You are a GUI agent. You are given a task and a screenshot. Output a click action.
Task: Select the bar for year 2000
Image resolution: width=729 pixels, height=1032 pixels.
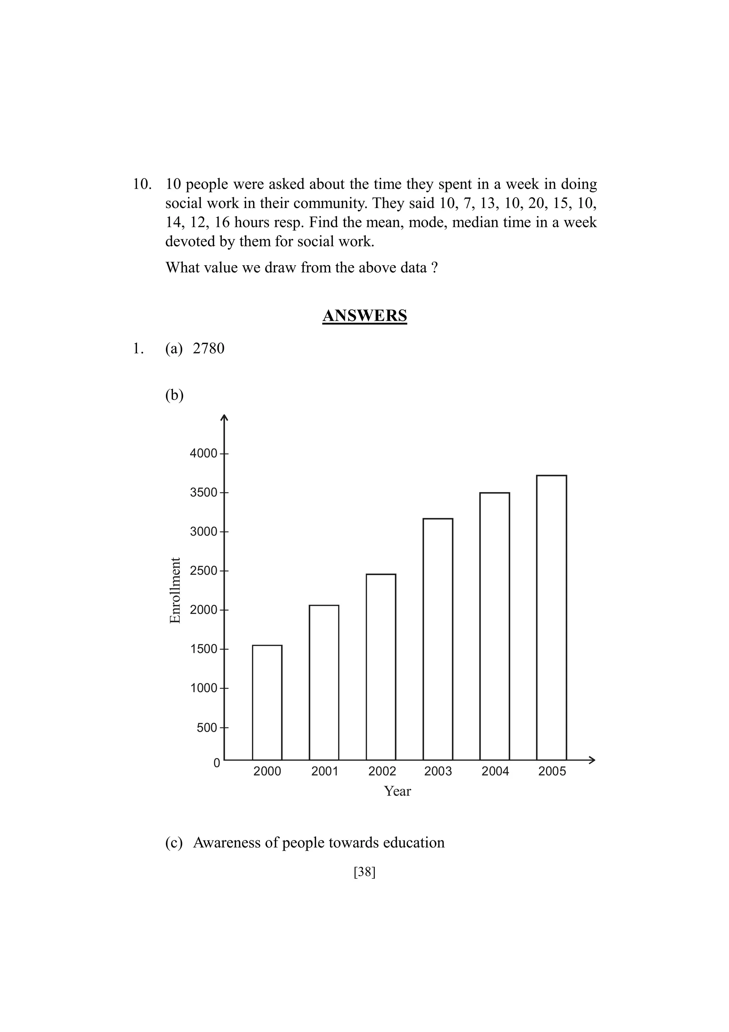267,702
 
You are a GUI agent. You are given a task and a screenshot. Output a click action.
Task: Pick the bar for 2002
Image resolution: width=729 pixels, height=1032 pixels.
381,667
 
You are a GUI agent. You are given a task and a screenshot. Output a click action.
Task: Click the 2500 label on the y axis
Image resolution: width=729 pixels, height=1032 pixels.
203,571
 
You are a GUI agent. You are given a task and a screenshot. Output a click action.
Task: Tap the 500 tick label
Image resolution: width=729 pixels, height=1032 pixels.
206,728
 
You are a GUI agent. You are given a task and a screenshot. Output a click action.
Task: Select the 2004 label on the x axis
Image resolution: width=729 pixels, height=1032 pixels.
495,771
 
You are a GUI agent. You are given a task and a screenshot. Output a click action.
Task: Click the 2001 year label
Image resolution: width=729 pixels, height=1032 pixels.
324,771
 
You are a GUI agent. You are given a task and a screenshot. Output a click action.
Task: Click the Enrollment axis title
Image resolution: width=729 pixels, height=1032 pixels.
175,590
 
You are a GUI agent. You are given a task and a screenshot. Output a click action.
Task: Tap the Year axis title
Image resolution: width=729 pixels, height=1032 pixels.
397,791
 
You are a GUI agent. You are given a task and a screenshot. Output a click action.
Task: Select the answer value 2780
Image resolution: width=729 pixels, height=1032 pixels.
209,348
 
